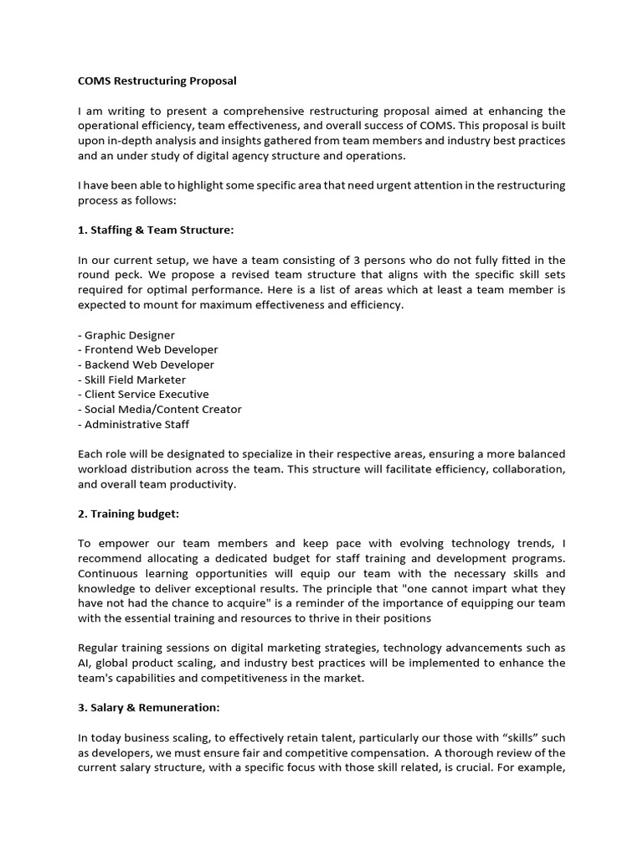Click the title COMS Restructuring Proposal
157,81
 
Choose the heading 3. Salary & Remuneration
149,707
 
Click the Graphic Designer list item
126,335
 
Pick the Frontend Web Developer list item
148,350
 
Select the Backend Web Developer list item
147,364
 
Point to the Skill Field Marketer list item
132,380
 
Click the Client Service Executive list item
143,395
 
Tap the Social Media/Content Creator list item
160,410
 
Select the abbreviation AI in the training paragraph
84,664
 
